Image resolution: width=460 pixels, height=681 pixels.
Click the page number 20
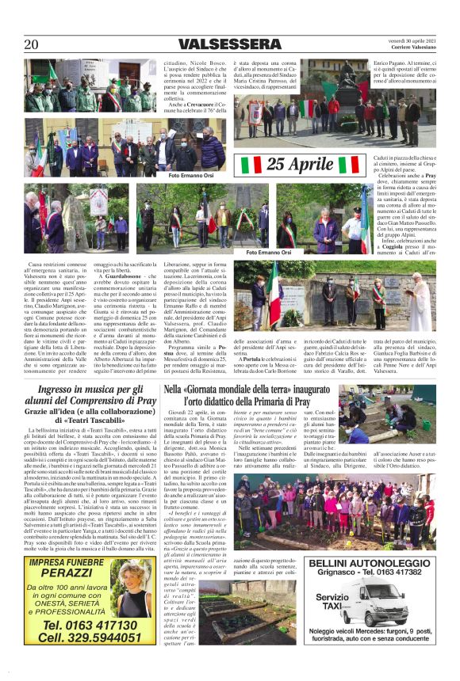click(32, 44)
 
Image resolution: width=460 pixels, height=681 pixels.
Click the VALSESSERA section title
click(229, 44)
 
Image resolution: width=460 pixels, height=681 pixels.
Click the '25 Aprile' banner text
click(300, 165)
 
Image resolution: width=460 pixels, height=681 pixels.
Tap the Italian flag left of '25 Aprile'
click(252, 165)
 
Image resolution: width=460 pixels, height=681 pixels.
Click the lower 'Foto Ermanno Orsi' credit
click(270, 252)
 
